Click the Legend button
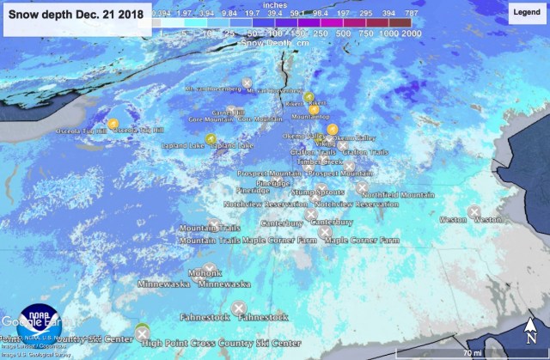pos(526,13)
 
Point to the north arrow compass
pos(531,330)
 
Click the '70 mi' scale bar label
pos(472,352)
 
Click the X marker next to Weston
pos(474,211)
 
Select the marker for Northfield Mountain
pos(362,186)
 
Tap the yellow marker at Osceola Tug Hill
pos(111,123)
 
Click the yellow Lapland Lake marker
pos(211,138)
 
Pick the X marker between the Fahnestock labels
pos(239,308)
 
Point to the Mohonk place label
pos(205,273)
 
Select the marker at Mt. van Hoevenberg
pos(247,82)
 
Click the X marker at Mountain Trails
pos(214,225)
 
